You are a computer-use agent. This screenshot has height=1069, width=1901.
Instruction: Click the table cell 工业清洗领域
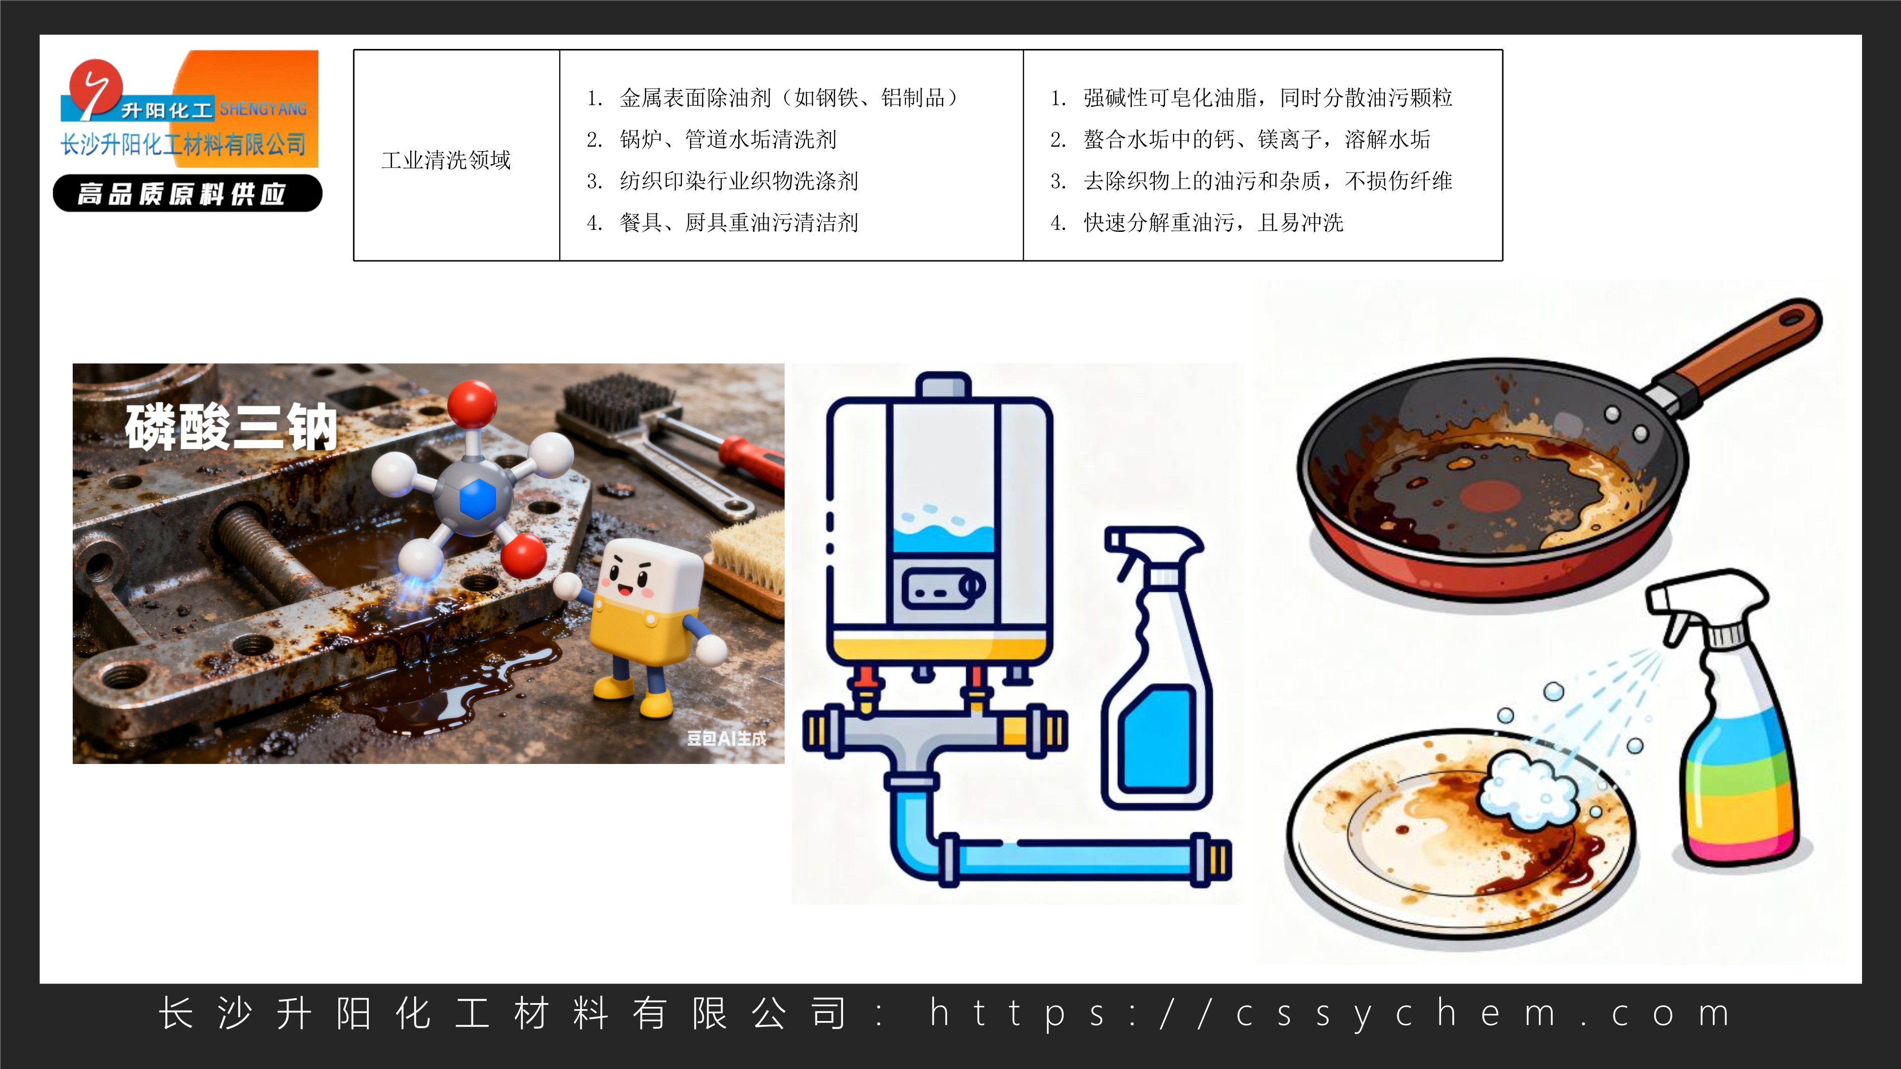pos(446,160)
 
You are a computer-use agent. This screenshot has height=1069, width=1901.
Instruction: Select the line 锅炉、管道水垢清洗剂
pos(727,139)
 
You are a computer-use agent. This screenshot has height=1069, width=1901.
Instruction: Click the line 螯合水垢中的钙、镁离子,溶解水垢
pos(1256,139)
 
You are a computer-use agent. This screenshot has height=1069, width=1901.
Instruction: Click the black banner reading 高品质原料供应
pos(187,194)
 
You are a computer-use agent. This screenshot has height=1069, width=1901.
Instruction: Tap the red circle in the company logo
pos(95,86)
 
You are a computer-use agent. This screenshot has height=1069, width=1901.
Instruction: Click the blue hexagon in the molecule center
pos(477,499)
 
